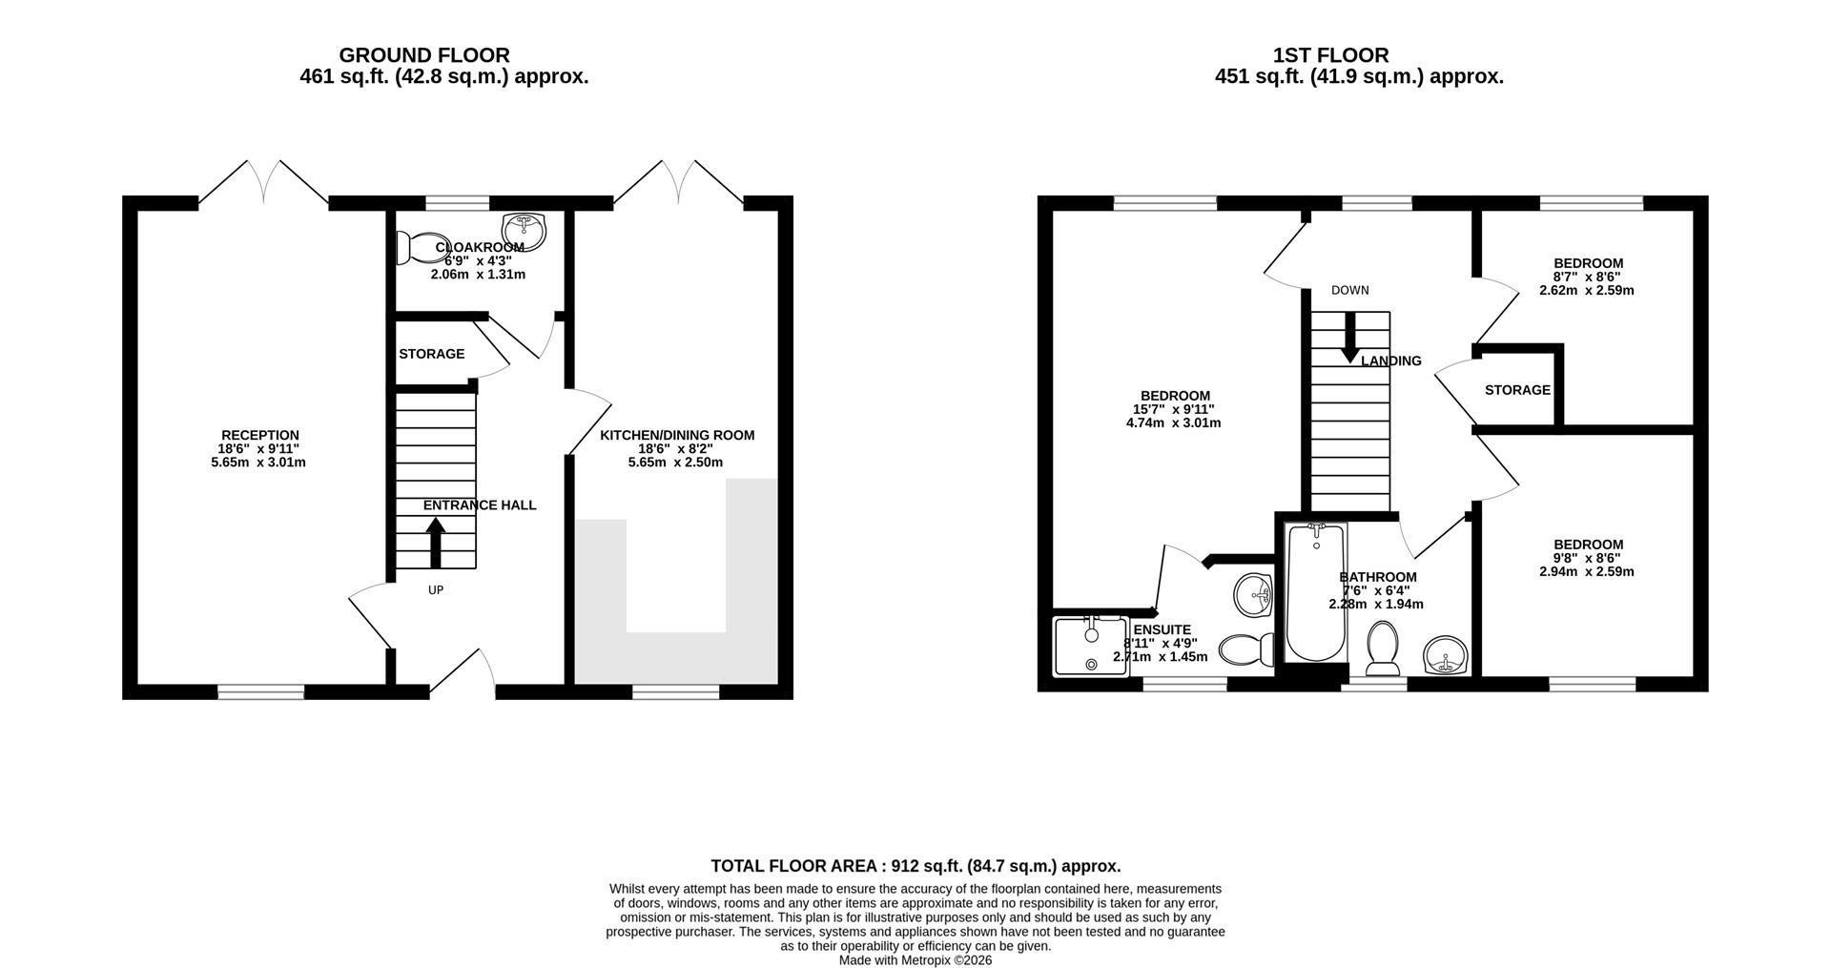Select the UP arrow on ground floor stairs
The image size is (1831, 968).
coord(435,543)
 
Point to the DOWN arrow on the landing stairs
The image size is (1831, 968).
coord(1349,338)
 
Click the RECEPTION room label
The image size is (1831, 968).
coord(260,436)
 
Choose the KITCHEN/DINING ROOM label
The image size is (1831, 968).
coord(677,436)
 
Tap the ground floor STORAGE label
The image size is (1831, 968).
coord(432,354)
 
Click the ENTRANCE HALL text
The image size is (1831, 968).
coord(480,505)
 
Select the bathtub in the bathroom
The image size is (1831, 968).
coord(1315,592)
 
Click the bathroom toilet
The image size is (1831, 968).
coord(1382,648)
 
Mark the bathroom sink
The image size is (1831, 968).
coord(1446,655)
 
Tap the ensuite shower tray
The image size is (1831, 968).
coord(1090,647)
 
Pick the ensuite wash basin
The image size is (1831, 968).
coord(1253,596)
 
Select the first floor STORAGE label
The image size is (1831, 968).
coord(1517,390)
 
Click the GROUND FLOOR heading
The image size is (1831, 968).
coord(424,55)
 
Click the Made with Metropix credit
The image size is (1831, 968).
coord(915,960)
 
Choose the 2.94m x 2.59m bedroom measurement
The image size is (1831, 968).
coord(1587,572)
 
